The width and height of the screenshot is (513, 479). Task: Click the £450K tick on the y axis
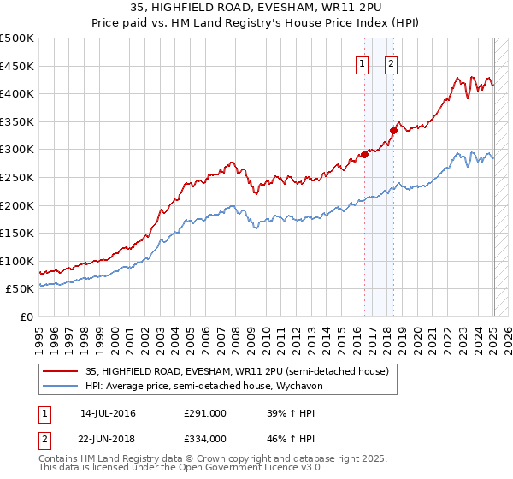tap(17, 66)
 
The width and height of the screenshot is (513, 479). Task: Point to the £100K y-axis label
tap(17, 261)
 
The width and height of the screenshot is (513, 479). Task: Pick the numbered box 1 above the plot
tap(362, 63)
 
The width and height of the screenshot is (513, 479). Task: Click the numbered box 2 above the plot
tap(391, 63)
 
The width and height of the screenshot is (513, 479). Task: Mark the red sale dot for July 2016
tap(364, 154)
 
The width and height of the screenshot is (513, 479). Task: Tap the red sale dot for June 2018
tap(394, 130)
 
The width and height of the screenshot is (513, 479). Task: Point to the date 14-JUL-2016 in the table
tap(108, 413)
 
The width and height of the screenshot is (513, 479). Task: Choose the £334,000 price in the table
tap(205, 438)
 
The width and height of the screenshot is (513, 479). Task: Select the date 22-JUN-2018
tap(108, 438)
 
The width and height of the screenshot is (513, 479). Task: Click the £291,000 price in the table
tap(205, 413)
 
